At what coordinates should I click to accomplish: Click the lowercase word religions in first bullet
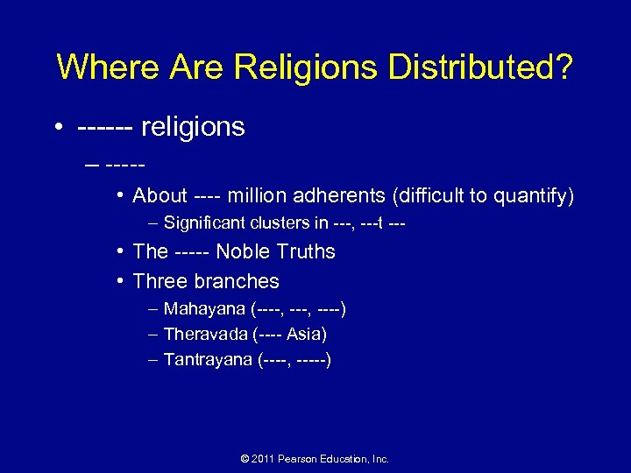(x=193, y=127)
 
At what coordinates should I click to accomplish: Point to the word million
(x=259, y=196)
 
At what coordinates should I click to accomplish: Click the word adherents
(x=344, y=196)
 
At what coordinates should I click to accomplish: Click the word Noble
(x=242, y=252)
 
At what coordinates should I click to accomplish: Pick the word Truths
(x=304, y=252)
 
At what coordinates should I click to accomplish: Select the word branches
(x=238, y=281)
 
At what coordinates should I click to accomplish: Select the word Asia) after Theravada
(x=307, y=334)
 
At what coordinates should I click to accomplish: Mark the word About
(x=160, y=196)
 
